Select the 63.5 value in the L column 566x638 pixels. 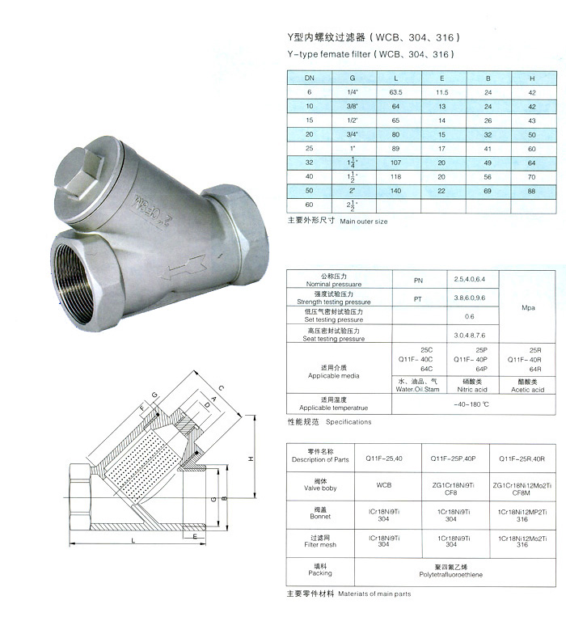pyautogui.click(x=395, y=93)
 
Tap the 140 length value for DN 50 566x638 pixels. pyautogui.click(x=395, y=191)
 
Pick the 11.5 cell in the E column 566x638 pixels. pyautogui.click(x=442, y=93)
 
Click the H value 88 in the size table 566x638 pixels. pyautogui.click(x=532, y=191)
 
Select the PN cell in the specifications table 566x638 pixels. pyautogui.click(x=418, y=280)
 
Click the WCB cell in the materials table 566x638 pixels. pyautogui.click(x=384, y=487)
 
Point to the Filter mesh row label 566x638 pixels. pyautogui.click(x=321, y=544)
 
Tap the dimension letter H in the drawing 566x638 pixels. pyautogui.click(x=251, y=458)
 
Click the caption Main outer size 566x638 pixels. pyautogui.click(x=364, y=221)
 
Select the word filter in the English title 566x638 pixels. pyautogui.click(x=357, y=54)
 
